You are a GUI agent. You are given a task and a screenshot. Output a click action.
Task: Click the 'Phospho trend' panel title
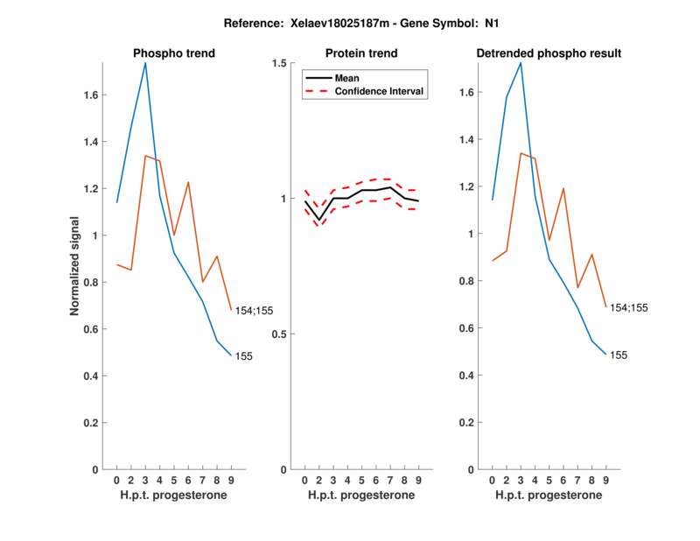[x=173, y=53]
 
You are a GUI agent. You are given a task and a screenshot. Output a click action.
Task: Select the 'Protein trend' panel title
[x=361, y=53]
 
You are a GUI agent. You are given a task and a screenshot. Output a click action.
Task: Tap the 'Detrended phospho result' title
[x=549, y=53]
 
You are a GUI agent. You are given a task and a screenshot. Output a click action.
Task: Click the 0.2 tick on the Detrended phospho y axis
[x=472, y=423]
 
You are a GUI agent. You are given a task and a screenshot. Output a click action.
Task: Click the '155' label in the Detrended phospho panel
[x=619, y=355]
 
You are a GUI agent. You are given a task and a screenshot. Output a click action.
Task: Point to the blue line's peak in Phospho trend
[x=145, y=63]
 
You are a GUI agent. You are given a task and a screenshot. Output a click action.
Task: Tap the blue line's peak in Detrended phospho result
[x=521, y=63]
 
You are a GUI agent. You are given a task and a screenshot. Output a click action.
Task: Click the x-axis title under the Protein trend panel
[x=361, y=495]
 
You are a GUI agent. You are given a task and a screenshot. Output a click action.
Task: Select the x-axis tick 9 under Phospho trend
[x=231, y=480]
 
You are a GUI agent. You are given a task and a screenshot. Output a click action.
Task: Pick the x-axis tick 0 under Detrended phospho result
[x=493, y=480]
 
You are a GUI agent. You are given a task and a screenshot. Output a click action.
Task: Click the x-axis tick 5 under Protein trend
[x=361, y=480]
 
